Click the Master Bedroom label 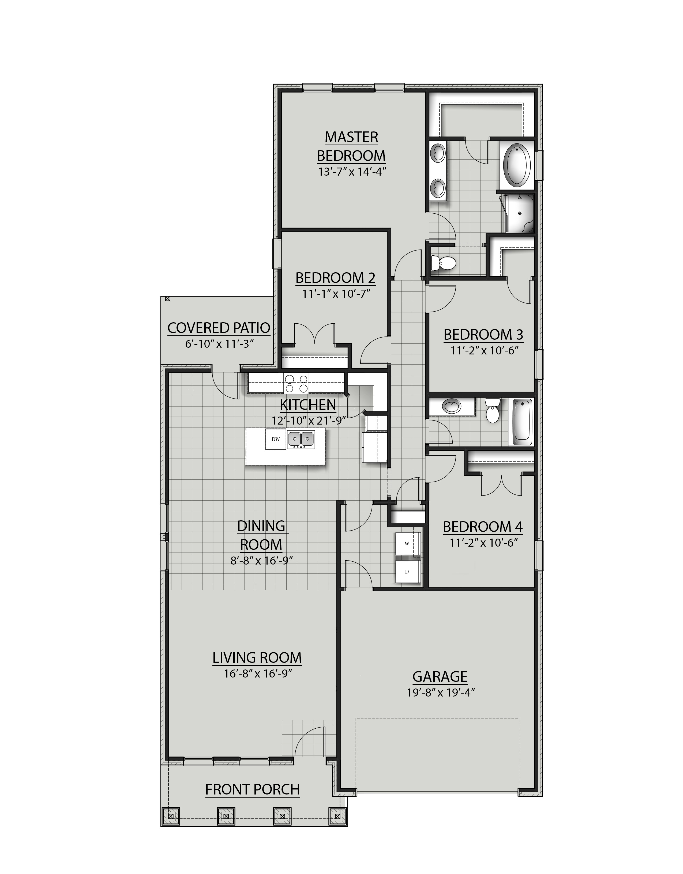[x=351, y=146]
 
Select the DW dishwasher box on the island [x=275, y=439]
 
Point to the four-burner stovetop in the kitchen [x=296, y=383]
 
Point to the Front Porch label [x=252, y=790]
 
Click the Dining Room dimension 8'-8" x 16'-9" [x=261, y=561]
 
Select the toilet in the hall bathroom [x=492, y=411]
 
